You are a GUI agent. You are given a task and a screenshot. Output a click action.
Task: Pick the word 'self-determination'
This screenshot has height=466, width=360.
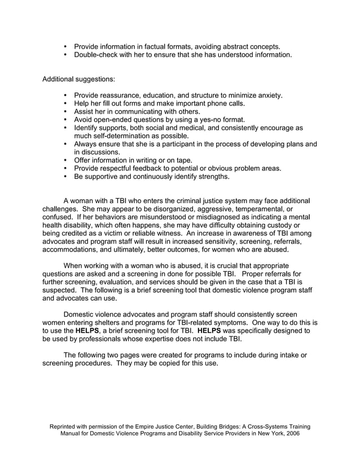pyautogui.click(x=127, y=136)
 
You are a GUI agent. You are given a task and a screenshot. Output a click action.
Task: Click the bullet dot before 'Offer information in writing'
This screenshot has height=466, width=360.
pyautogui.click(x=66, y=160)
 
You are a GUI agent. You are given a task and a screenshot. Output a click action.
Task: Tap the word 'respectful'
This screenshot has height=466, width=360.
pyautogui.click(x=122, y=168)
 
